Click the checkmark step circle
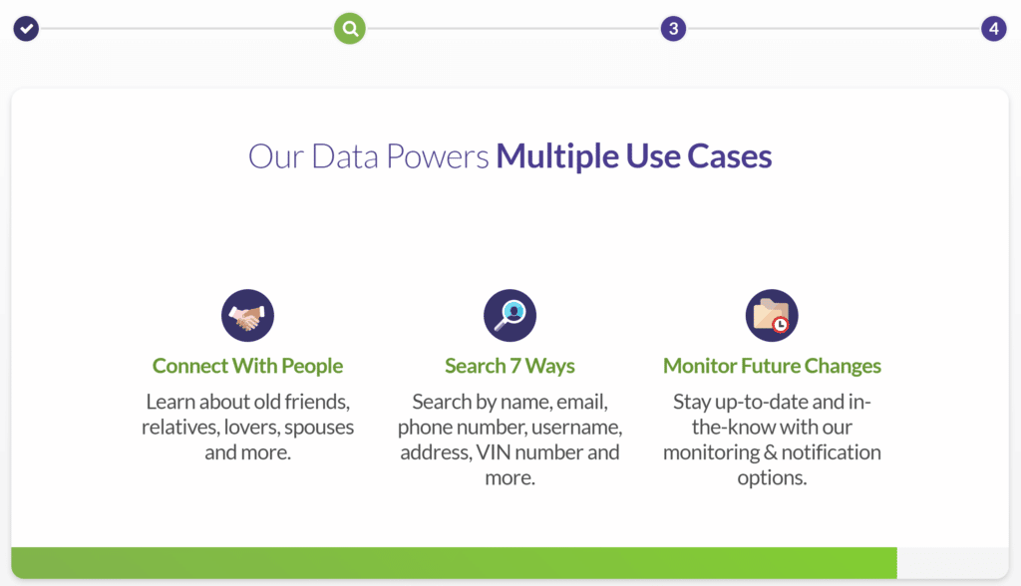[26, 29]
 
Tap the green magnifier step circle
[350, 29]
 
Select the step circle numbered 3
[673, 29]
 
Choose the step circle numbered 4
[994, 29]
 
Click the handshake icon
[247, 316]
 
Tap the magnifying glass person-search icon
[510, 316]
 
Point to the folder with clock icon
[772, 316]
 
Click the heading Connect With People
[247, 366]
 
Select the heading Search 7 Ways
[510, 366]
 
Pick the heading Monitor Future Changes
[772, 366]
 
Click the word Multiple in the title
[557, 156]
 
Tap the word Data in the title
[344, 156]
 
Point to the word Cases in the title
[729, 156]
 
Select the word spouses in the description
[319, 428]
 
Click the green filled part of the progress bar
[454, 562]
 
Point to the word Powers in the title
[437, 156]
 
